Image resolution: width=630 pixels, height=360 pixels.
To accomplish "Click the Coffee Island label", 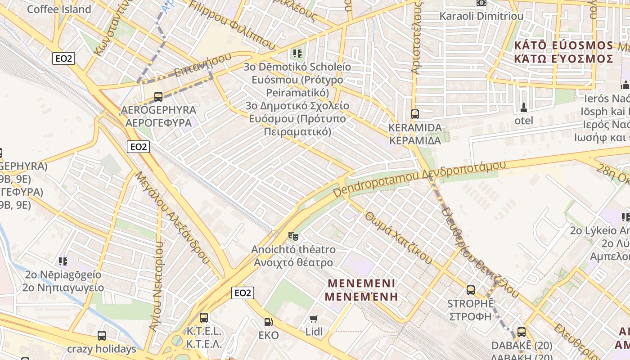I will (59, 9).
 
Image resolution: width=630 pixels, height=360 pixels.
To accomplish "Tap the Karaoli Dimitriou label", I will (481, 16).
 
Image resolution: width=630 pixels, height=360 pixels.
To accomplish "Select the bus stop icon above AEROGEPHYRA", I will (158, 96).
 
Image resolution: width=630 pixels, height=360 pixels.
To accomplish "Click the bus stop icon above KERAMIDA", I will (414, 114).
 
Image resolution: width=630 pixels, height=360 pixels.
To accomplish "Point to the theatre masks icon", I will (293, 236).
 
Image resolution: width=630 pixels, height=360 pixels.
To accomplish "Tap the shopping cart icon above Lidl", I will (314, 319).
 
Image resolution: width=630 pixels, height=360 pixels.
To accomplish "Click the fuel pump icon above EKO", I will (268, 322).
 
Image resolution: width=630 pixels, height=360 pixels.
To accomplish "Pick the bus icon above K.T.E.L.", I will (204, 317).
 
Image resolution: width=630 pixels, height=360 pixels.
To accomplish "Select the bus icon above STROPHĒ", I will (470, 290).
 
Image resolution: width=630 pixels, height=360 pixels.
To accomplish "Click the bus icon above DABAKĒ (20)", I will (521, 332).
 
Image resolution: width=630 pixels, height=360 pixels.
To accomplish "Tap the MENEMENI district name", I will (361, 290).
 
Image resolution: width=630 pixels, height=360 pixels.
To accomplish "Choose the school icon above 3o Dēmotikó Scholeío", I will (297, 54).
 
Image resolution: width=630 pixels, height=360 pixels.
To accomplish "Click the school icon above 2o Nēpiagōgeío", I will (63, 261).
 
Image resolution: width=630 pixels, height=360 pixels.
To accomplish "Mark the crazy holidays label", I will (102, 349).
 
